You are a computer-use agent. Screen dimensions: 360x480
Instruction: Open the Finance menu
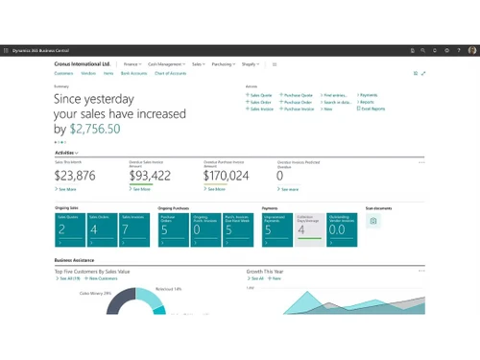click(132, 64)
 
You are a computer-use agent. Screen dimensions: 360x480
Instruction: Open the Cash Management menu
click(167, 64)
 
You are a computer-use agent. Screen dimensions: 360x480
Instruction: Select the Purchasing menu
click(222, 64)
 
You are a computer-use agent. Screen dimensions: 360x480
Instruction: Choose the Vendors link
click(88, 73)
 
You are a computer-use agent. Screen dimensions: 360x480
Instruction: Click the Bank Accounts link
click(133, 73)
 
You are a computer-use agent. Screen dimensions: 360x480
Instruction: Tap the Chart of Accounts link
click(170, 73)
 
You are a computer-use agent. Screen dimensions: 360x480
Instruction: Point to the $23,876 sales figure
click(75, 176)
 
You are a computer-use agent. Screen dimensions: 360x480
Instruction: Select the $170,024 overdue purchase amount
click(227, 176)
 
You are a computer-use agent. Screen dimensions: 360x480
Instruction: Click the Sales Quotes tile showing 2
click(68, 224)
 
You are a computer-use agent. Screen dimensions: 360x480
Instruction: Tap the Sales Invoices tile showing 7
click(132, 224)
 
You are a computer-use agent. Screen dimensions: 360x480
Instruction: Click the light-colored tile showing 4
click(308, 224)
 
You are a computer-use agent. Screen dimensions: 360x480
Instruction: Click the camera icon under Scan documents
click(373, 221)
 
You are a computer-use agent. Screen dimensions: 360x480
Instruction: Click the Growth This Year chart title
click(270, 271)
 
